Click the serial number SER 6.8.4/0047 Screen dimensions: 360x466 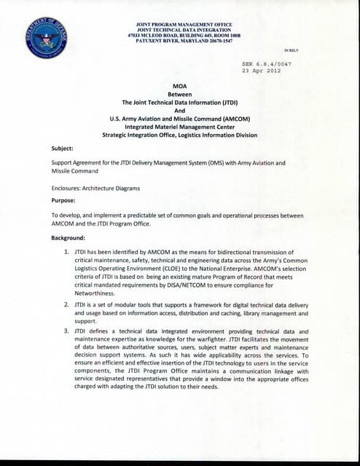pos(267,64)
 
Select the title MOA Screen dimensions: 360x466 pos(179,86)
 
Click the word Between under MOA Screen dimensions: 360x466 pos(179,95)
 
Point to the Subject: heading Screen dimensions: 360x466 pos(62,149)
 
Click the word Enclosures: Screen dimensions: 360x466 pos(71,188)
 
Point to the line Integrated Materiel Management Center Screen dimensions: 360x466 pos(179,125)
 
